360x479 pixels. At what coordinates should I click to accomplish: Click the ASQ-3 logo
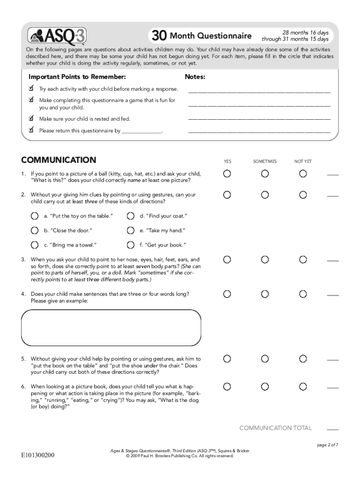[x=57, y=36]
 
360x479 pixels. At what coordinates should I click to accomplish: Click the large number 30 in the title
[x=158, y=36]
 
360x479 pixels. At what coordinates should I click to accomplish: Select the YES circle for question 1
[x=227, y=174]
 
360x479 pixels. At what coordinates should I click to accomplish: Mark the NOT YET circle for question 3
[x=303, y=259]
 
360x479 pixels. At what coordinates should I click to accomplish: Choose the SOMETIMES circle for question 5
[x=265, y=359]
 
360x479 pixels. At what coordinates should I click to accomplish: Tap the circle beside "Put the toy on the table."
[x=35, y=216]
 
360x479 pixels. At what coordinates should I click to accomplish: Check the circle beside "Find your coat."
[x=130, y=216]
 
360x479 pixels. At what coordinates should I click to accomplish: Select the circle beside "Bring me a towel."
[x=35, y=245]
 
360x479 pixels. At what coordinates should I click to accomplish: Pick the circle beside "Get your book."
[x=130, y=245]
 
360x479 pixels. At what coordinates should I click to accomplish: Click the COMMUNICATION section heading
[x=58, y=160]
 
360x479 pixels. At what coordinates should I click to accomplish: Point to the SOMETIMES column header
[x=265, y=161]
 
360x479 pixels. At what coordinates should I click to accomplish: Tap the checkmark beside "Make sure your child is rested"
[x=31, y=118]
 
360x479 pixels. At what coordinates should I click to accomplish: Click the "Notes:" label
[x=195, y=77]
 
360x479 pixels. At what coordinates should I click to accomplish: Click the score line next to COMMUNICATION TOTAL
[x=332, y=429]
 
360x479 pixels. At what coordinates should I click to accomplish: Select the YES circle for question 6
[x=227, y=386]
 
